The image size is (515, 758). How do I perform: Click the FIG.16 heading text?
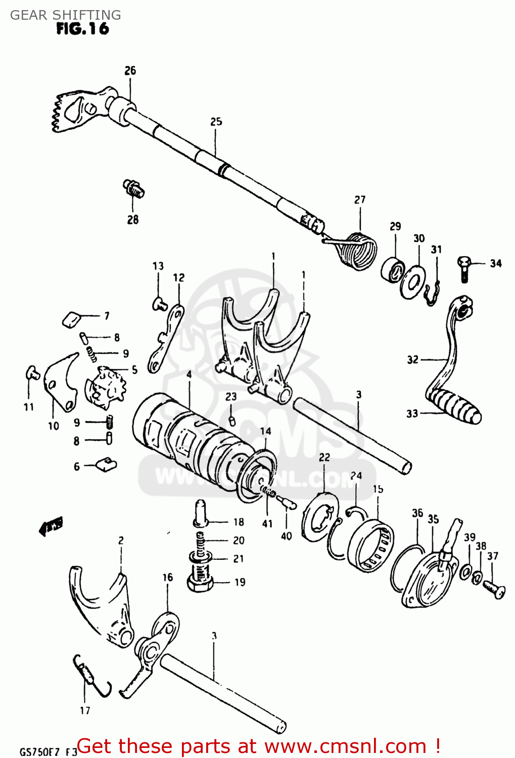pyautogui.click(x=82, y=29)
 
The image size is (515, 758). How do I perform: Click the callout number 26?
pyautogui.click(x=130, y=71)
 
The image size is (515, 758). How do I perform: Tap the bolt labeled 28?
pyautogui.click(x=134, y=188)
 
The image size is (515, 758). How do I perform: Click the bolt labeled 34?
pyautogui.click(x=464, y=268)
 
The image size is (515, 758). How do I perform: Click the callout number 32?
pyautogui.click(x=412, y=359)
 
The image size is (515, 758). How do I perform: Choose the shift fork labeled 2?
pyautogui.click(x=104, y=604)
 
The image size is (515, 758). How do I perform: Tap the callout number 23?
pyautogui.click(x=231, y=397)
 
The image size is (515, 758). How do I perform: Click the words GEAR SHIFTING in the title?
pyautogui.click(x=66, y=15)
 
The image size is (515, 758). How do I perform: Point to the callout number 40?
pyautogui.click(x=286, y=536)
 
